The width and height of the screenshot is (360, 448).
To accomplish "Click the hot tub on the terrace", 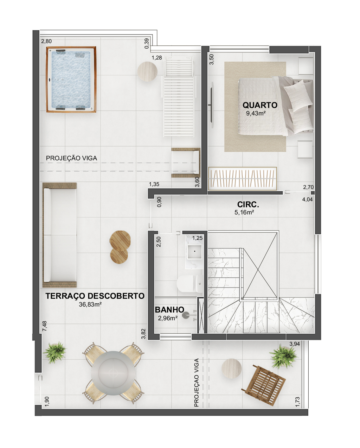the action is [71, 80].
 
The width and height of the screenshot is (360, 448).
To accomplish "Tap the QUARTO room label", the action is [260, 105].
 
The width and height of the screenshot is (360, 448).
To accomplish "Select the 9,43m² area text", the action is [256, 113].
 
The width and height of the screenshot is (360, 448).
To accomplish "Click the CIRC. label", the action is [248, 204].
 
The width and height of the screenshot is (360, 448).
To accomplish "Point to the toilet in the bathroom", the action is [190, 284].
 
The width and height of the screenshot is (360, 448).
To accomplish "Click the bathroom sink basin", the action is [194, 252].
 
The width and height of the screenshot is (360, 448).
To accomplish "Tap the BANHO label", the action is [169, 310].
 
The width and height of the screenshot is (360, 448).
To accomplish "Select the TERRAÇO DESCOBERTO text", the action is [95, 296].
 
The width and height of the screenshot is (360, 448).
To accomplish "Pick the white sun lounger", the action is [179, 96].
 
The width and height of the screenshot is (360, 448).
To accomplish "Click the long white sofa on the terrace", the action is [60, 235].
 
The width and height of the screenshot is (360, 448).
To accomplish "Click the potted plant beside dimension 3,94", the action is [283, 356].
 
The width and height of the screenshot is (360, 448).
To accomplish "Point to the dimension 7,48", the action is [44, 326].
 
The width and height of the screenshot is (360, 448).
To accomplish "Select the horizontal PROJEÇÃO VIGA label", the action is [71, 158].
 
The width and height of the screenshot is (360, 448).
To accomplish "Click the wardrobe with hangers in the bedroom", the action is [243, 178].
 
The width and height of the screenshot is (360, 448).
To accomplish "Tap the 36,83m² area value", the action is [90, 304].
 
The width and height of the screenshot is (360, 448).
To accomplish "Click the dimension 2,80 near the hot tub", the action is [46, 41].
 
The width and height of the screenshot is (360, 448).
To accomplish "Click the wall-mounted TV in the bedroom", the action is [212, 105].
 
